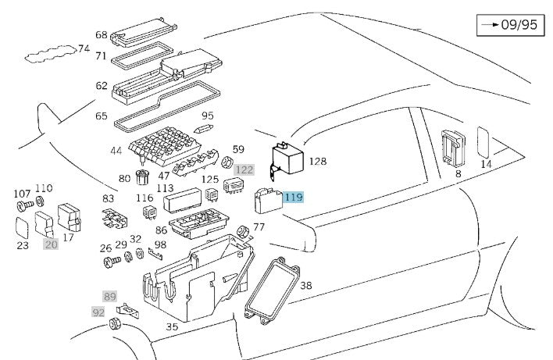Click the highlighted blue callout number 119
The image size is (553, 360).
point(293,198)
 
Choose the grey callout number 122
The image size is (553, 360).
point(244,169)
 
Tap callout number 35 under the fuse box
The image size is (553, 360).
point(171,326)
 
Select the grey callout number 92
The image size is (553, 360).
point(98,312)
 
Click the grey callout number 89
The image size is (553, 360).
point(109,296)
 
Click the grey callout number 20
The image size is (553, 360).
point(51,244)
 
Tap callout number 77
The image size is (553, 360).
point(259,227)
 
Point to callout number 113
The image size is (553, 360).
point(165,188)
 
